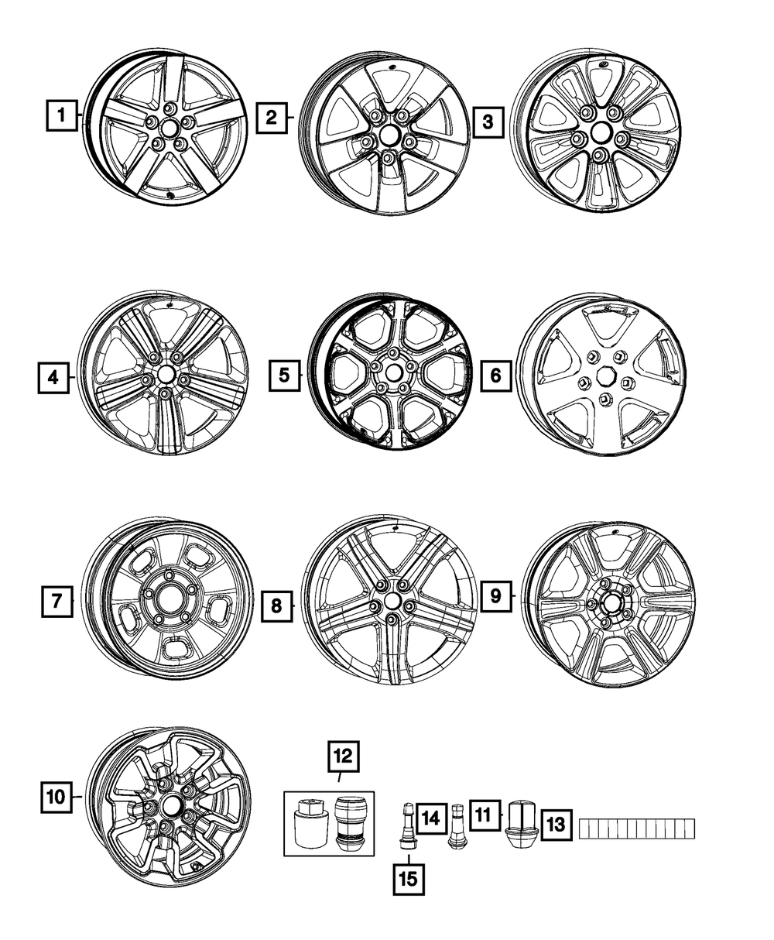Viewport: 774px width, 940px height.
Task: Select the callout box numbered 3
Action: [487, 122]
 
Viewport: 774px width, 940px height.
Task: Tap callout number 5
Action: [285, 376]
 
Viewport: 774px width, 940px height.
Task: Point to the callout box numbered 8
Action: [276, 606]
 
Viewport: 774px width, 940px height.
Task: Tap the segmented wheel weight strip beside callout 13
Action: [637, 829]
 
